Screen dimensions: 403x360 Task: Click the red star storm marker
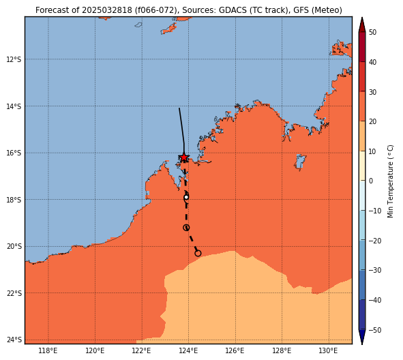click(x=184, y=157)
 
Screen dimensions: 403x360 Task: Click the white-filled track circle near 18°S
click(x=186, y=197)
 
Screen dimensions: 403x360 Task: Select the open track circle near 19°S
click(x=186, y=228)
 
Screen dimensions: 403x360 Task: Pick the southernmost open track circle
click(x=198, y=254)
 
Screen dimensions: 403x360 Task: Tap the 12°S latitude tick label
click(x=14, y=59)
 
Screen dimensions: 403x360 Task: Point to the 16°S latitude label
click(x=14, y=153)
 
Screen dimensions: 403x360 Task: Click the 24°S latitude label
click(x=14, y=340)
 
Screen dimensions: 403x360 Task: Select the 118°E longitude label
click(x=48, y=350)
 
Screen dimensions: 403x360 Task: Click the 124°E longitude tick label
click(x=188, y=350)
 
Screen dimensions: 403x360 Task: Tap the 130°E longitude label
click(x=329, y=350)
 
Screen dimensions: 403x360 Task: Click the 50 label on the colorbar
click(x=373, y=32)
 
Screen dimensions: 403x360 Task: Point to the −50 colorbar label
click(x=375, y=330)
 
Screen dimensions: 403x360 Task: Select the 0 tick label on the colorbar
click(x=371, y=181)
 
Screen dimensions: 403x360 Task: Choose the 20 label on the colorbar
click(x=373, y=121)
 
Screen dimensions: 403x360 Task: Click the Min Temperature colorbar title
click(x=391, y=181)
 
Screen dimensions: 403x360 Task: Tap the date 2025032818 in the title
click(x=107, y=10)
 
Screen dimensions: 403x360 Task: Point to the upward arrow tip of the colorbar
click(x=362, y=17)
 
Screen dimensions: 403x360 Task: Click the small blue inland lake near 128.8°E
click(x=300, y=162)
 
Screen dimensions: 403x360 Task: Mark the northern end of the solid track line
click(x=179, y=108)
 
